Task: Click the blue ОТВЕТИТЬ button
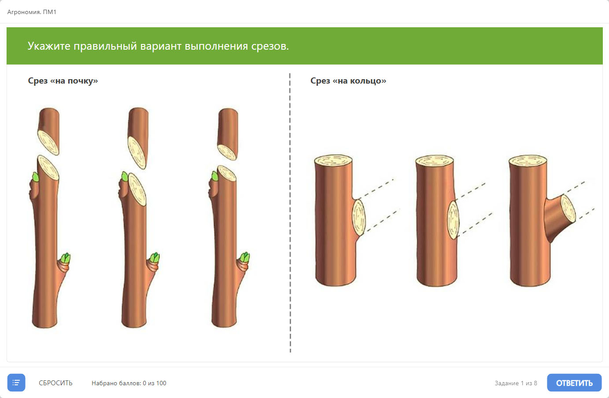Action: (x=574, y=383)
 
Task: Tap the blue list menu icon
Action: (x=16, y=383)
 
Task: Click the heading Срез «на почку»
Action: (x=63, y=80)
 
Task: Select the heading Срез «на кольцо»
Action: (x=348, y=80)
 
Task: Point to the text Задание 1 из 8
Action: (x=516, y=383)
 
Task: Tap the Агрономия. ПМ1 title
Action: (x=32, y=12)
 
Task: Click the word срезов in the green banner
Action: (x=269, y=46)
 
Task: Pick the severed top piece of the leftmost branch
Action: (x=49, y=131)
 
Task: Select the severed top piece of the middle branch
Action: (x=138, y=138)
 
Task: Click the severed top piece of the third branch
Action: (x=228, y=134)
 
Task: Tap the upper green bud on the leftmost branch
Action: (x=35, y=177)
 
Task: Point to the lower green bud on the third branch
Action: (x=245, y=257)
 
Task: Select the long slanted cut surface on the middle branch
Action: (x=137, y=189)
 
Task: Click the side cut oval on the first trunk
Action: (x=358, y=217)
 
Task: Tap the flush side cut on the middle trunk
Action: (x=453, y=220)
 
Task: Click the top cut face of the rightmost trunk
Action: (x=528, y=161)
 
